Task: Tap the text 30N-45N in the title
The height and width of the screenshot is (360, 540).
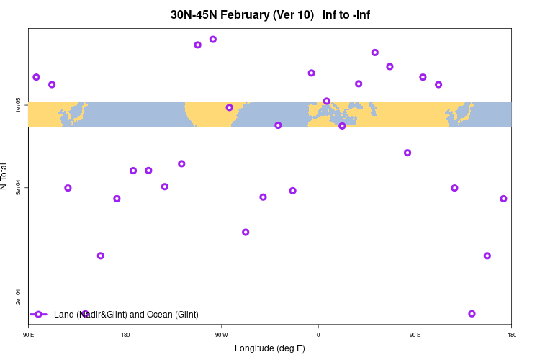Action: pyautogui.click(x=193, y=15)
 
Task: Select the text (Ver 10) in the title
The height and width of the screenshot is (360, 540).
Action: pyautogui.click(x=292, y=15)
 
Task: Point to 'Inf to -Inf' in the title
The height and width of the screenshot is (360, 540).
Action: pyautogui.click(x=346, y=15)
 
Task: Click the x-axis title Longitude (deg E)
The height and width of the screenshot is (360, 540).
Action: pyautogui.click(x=270, y=348)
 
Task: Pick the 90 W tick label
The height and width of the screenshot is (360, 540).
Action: pyautogui.click(x=221, y=335)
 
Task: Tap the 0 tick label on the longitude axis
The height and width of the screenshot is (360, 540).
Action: pyautogui.click(x=318, y=335)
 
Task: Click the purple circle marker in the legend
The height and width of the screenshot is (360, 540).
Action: pyautogui.click(x=39, y=315)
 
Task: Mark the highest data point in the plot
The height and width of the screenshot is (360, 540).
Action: pyautogui.click(x=213, y=39)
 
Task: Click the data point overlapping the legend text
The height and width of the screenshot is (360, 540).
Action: pyautogui.click(x=85, y=314)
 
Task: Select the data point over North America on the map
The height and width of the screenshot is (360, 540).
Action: pyautogui.click(x=230, y=107)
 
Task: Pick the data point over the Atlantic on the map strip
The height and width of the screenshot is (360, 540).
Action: pyautogui.click(x=278, y=125)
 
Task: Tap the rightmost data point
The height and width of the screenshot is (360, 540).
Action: pyautogui.click(x=503, y=199)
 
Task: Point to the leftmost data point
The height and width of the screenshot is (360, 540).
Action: pyautogui.click(x=36, y=77)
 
